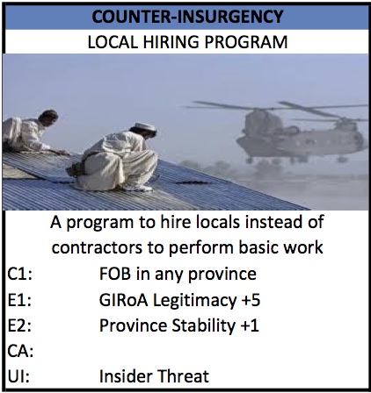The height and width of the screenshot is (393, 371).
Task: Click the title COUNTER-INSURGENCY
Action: pyautogui.click(x=187, y=17)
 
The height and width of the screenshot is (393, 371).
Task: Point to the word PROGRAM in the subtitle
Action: pyautogui.click(x=246, y=42)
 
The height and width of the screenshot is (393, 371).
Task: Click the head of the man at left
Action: pyautogui.click(x=49, y=117)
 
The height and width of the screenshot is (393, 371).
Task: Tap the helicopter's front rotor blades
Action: pyautogui.click(x=231, y=106)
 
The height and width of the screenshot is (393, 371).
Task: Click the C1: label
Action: pyautogui.click(x=19, y=275)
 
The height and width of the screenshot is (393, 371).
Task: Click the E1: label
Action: pyautogui.click(x=19, y=301)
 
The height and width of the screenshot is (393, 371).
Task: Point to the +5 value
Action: pyautogui.click(x=251, y=300)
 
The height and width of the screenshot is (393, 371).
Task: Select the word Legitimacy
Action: pyautogui.click(x=194, y=301)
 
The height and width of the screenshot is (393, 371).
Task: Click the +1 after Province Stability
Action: pyautogui.click(x=250, y=325)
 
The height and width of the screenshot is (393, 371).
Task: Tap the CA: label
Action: pyautogui.click(x=20, y=352)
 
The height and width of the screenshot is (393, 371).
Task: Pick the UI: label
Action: pyautogui.click(x=18, y=377)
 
